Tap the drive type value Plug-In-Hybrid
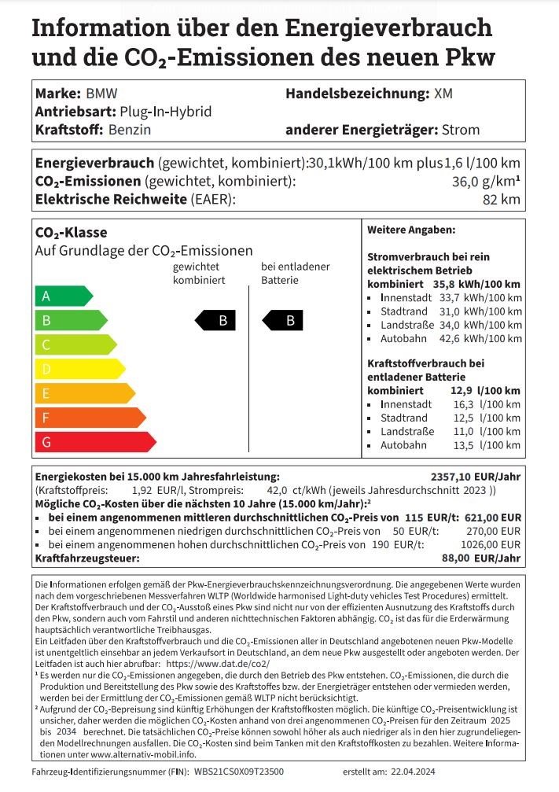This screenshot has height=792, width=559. (166, 112)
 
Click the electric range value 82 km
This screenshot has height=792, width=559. (501, 200)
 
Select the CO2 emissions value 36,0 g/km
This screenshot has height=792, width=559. (488, 182)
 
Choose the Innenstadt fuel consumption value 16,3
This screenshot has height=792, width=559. (464, 403)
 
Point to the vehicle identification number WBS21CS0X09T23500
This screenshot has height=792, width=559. (239, 772)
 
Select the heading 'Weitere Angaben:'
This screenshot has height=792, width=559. (411, 230)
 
